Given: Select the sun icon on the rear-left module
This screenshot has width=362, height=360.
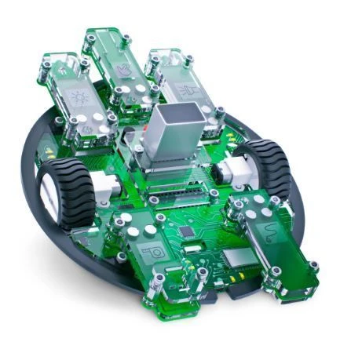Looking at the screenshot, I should point(79,99).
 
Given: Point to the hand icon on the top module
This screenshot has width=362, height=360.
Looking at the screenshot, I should point(122,70).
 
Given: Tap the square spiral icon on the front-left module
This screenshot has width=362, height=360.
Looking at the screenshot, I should point(147,253).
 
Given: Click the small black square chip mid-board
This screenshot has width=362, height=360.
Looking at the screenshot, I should point(186,231).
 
